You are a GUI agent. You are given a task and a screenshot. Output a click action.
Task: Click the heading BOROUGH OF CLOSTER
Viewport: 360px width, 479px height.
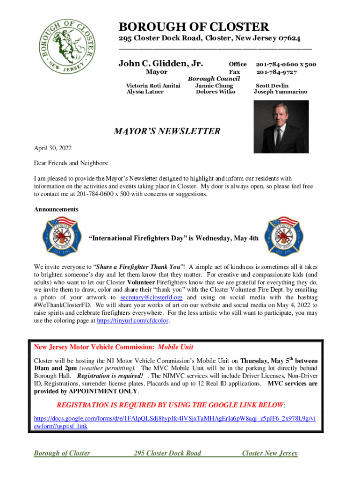194,27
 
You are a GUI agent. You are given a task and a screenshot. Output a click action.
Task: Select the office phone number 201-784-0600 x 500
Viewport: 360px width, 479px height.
286,64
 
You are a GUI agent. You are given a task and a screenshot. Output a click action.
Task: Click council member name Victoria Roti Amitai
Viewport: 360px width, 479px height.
153,86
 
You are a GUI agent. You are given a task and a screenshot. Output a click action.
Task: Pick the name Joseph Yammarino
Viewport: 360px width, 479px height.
281,92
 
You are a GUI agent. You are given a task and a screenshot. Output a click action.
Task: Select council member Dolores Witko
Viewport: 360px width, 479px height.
216,92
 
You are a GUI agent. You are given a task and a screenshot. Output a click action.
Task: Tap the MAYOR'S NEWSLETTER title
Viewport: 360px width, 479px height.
167,131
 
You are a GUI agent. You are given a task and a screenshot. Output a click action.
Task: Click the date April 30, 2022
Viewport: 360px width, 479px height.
53,148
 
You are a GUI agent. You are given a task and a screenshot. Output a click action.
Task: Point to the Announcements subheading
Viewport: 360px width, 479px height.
56,209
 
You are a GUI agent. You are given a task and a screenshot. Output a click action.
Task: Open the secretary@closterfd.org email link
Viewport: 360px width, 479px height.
151,297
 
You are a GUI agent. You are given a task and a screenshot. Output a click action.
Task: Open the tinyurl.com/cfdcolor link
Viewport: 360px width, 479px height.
133,321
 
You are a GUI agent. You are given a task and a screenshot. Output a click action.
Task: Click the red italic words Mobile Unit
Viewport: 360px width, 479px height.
175,348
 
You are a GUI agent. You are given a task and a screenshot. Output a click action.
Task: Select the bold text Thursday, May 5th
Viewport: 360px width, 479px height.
266,361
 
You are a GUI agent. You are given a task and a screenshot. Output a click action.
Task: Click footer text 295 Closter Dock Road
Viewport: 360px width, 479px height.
167,453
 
